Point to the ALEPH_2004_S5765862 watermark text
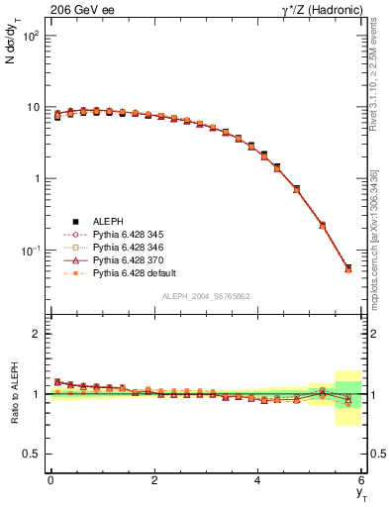coord(206,296)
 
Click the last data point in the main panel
coord(347,268)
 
